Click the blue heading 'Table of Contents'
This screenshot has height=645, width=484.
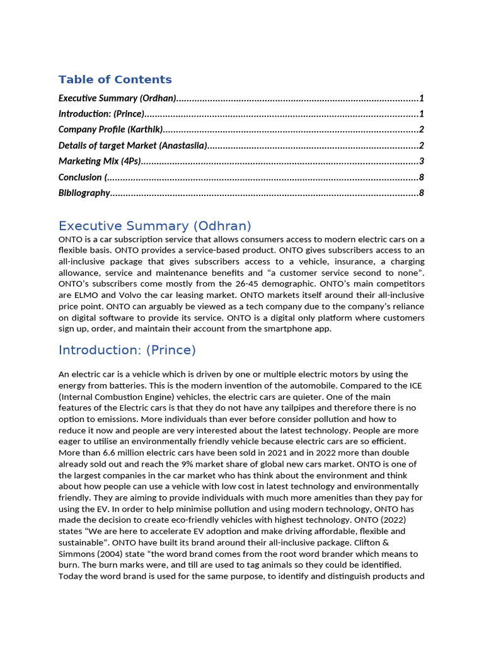pos(115,79)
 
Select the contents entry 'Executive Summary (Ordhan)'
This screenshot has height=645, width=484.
pos(117,98)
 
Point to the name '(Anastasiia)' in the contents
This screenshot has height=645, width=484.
pos(183,146)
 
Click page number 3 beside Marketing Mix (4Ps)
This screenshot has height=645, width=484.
pos(421,161)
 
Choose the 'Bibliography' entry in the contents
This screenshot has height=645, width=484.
pos(84,193)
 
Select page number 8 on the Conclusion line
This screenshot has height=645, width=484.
pos(421,177)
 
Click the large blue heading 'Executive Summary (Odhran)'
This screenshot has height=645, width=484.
pos(154,226)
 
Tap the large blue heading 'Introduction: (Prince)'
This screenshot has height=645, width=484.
pos(127,350)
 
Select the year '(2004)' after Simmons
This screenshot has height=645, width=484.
pos(109,554)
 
